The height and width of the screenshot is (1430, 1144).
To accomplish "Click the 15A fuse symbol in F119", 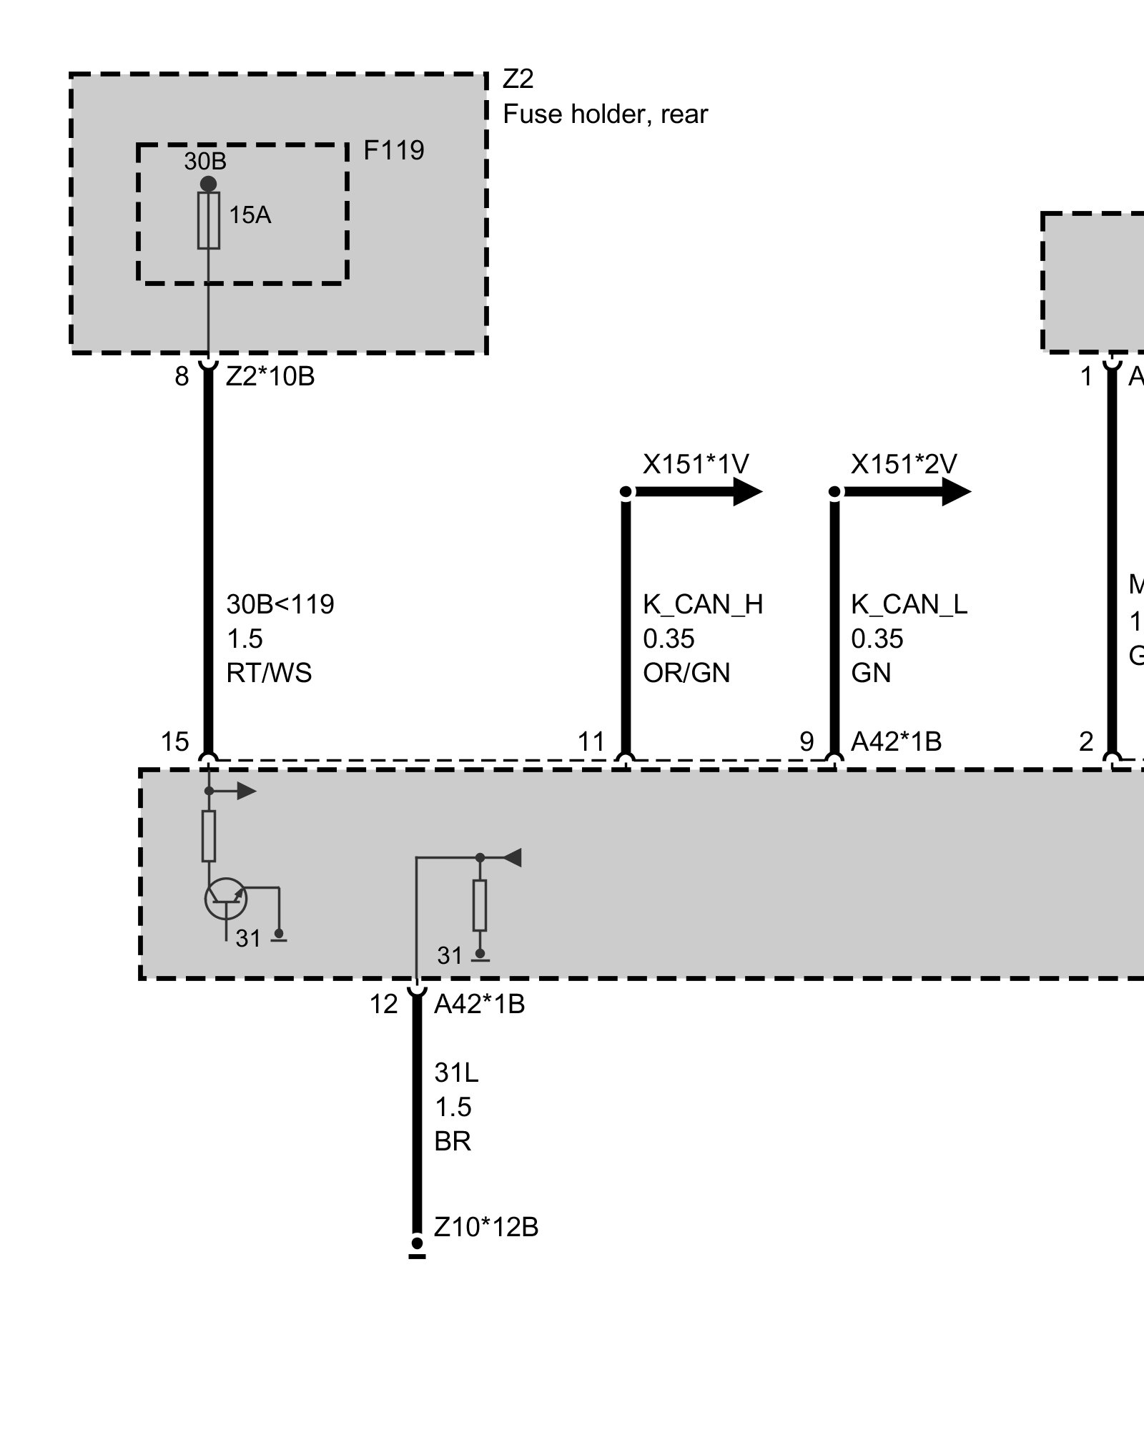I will click(x=208, y=220).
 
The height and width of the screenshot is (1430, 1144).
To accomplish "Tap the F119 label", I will click(x=393, y=151).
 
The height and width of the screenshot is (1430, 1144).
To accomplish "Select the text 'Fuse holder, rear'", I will click(x=605, y=114).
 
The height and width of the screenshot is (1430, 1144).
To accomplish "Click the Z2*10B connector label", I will click(x=270, y=377).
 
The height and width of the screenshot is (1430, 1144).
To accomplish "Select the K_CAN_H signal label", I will click(x=703, y=605).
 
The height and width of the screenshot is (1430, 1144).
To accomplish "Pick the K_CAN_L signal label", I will click(x=909, y=605).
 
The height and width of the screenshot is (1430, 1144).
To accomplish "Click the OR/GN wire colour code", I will click(x=686, y=674).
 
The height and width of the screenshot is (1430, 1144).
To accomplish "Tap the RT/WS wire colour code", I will click(x=269, y=674).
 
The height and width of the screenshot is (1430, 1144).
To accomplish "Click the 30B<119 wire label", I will click(x=280, y=605).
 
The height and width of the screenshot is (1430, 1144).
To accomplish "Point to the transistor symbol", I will click(x=225, y=899).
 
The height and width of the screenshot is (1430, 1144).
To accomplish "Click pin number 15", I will click(x=174, y=742).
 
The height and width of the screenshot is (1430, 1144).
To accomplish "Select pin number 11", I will click(x=591, y=742).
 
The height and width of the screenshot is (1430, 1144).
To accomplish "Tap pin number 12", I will click(x=383, y=1005).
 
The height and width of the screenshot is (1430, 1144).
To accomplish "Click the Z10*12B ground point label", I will click(x=486, y=1228).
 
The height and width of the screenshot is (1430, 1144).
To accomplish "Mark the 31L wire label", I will click(x=456, y=1073).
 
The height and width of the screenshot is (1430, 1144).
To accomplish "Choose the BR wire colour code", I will click(x=453, y=1142).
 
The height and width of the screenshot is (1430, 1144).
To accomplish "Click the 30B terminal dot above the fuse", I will click(x=208, y=184).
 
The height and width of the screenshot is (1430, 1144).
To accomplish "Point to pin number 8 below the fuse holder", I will click(x=182, y=377).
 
